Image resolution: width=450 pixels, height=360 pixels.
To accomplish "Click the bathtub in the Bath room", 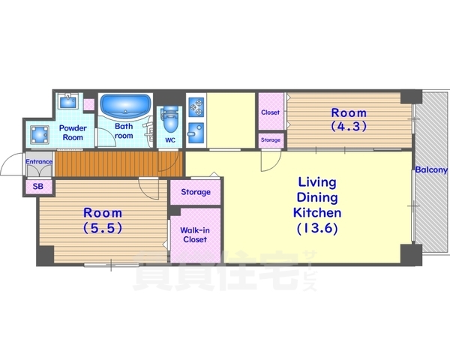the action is [126, 105].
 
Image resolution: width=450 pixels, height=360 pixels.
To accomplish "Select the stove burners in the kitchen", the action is [196, 106].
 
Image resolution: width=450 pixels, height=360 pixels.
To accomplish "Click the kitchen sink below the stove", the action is [196, 133].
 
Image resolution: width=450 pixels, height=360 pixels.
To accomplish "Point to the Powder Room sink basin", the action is [68, 101].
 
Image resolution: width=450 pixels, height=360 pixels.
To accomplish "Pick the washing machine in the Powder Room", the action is [39, 135].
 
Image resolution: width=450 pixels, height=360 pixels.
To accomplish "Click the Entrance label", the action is [39, 162].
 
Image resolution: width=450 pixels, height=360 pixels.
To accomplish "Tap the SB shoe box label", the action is [38, 187].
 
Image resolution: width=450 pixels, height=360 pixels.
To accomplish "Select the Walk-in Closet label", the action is [195, 235].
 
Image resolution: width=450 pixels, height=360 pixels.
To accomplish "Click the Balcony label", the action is [431, 170].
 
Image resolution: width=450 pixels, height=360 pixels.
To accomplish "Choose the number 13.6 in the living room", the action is [317, 229].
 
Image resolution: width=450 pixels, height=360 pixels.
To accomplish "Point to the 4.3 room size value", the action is [349, 126].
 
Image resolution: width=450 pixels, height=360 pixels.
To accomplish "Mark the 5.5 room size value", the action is [103, 228].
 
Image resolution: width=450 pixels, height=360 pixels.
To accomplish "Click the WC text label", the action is [170, 140].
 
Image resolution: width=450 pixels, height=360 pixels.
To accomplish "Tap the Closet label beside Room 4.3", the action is [270, 112].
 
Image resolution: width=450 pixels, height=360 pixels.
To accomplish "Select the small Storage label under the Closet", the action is [271, 140].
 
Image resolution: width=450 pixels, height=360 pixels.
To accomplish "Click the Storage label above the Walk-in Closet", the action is [196, 192].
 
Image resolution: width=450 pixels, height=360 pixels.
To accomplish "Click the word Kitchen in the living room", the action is [317, 213].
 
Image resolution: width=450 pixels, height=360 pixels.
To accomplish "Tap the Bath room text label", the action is [124, 131].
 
